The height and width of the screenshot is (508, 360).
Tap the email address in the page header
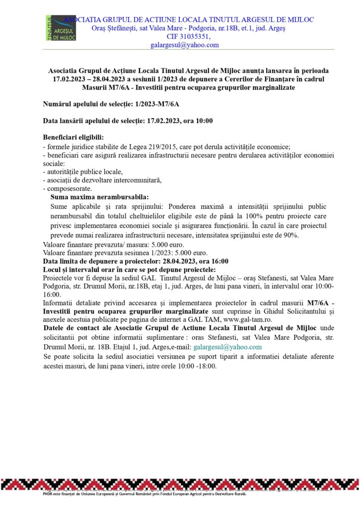[x=185, y=45]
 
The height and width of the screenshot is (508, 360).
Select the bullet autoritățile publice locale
[x=84, y=172]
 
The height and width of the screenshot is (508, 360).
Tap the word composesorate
[x=71, y=189]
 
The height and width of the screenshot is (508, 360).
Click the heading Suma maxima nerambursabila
[x=99, y=197]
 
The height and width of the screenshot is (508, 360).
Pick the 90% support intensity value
[x=290, y=235]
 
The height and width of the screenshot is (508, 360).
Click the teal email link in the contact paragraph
[x=227, y=347]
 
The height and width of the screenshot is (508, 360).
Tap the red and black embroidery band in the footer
[x=180, y=484]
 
